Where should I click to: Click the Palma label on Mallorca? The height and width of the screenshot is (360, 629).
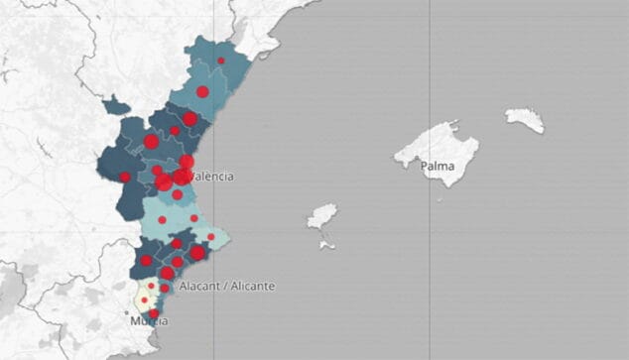click(437, 167)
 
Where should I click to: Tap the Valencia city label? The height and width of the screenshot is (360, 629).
click(211, 177)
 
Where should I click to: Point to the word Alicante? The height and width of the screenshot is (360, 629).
click(250, 287)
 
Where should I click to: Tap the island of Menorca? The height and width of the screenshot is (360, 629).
click(524, 120)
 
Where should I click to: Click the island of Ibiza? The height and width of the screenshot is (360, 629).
click(321, 216)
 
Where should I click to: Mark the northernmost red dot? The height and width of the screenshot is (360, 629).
click(221, 60)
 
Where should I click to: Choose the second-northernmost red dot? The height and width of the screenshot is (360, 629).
click(202, 92)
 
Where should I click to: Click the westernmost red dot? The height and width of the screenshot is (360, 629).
click(125, 178)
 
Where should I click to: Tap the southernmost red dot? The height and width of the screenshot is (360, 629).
click(154, 313)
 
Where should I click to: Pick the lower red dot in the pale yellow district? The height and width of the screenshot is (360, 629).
click(145, 300)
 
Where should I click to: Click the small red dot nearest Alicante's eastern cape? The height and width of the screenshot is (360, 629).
click(210, 237)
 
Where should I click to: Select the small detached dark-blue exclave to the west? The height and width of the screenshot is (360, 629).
click(115, 103)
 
